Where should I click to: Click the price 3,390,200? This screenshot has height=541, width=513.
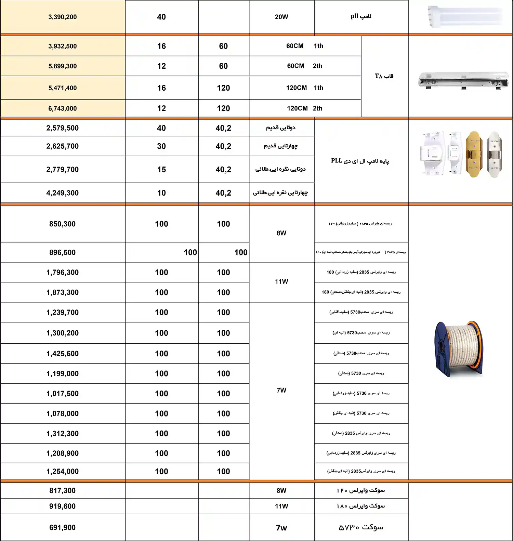click(62, 17)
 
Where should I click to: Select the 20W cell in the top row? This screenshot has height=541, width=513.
click(281, 17)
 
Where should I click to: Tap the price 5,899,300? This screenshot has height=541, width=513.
click(62, 66)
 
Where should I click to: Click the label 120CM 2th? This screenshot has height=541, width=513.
click(304, 108)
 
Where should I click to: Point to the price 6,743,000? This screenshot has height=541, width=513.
click(62, 109)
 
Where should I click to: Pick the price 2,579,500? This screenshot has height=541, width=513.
click(62, 128)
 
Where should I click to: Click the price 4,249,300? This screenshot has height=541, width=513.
click(62, 193)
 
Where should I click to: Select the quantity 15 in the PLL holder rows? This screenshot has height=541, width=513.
click(161, 170)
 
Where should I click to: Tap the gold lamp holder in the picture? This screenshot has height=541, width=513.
click(474, 154)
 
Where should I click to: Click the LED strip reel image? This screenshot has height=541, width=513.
click(459, 348)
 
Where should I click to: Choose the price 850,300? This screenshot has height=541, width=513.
click(62, 224)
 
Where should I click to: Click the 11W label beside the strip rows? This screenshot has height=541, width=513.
click(281, 282)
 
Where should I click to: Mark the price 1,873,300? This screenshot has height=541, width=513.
click(62, 293)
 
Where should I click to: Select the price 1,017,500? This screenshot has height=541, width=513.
click(62, 394)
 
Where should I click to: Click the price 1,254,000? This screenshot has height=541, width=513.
click(62, 472)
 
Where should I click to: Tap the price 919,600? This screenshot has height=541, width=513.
click(62, 506)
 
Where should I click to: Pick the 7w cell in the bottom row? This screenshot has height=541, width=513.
click(281, 528)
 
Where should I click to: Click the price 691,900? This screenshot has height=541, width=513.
click(62, 528)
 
